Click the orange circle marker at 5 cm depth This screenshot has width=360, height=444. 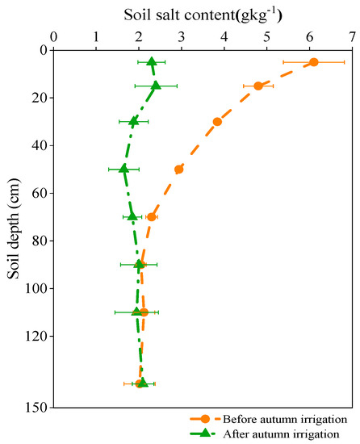[x=314, y=62]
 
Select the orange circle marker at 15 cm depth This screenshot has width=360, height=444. [x=258, y=86]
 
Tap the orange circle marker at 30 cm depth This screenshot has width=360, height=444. [x=217, y=122]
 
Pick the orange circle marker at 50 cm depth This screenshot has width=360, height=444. [x=179, y=170]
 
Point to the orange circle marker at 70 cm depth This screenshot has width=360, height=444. [x=151, y=217]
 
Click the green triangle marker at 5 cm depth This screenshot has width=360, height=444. [x=152, y=61]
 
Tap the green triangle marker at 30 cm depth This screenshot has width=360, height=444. [x=134, y=121]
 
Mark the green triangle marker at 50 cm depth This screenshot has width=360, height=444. [x=123, y=169]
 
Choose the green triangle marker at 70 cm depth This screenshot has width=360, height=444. [x=132, y=216]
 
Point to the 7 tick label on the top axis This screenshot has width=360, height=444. [x=352, y=36]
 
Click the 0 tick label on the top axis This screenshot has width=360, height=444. [x=53, y=36]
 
